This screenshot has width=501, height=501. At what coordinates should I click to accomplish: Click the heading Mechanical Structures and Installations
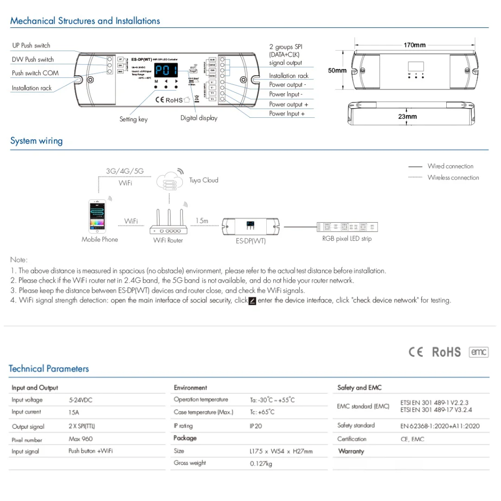pos(85,21)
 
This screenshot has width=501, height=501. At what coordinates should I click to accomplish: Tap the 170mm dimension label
pos(414,45)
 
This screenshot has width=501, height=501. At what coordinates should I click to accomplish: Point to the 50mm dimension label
pos(337,71)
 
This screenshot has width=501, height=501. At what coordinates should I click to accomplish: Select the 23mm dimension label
pos(407,116)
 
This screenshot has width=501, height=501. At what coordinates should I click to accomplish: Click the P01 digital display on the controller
pos(166,71)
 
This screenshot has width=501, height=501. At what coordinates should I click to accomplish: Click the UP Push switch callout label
pos(31,45)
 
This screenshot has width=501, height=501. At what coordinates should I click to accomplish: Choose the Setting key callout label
pos(133,119)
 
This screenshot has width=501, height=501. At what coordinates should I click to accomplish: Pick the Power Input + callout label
pos(287,114)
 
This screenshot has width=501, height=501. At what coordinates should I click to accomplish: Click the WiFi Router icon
pos(168,224)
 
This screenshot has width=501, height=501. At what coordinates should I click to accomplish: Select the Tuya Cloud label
pos(203,180)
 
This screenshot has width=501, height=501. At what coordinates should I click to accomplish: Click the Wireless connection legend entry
pos(453,177)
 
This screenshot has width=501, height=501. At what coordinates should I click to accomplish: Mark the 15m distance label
pos(202,221)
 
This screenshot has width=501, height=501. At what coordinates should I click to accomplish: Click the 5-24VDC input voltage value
pos(80,400)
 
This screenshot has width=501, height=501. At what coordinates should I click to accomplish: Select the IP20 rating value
pos(256,426)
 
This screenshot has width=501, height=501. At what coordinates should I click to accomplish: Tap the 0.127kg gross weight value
pos(261,463)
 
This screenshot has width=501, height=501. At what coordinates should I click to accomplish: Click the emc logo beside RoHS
pos(479,352)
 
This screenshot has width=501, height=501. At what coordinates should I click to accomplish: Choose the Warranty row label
pos(351,451)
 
